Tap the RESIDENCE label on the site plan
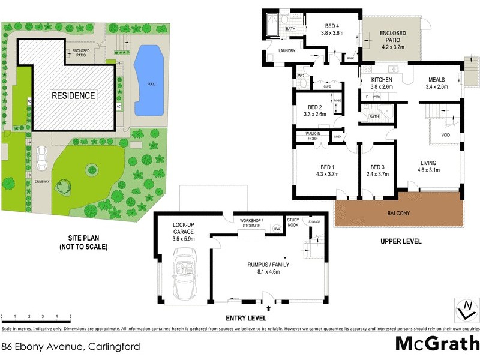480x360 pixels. click(73, 95)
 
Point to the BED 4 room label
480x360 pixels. click(332, 26)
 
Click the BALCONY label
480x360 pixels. click(399, 212)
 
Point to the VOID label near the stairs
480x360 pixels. click(445, 135)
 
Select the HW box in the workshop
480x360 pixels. click(277, 229)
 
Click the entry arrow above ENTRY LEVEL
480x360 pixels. click(268, 308)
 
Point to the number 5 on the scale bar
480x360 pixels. click(71, 316)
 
